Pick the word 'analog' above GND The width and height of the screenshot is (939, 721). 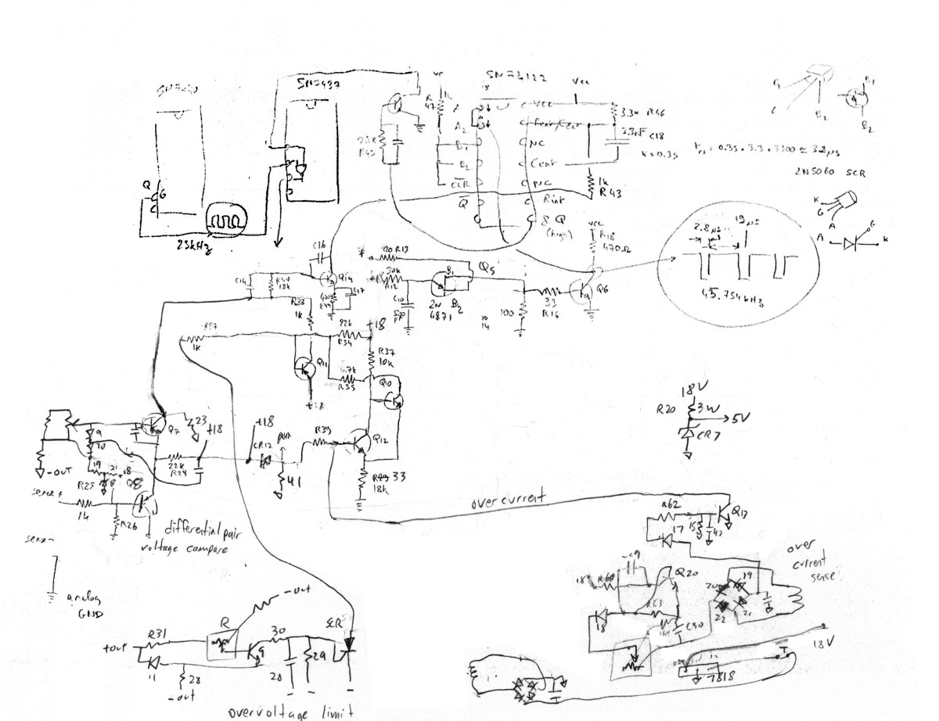click(85, 598)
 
